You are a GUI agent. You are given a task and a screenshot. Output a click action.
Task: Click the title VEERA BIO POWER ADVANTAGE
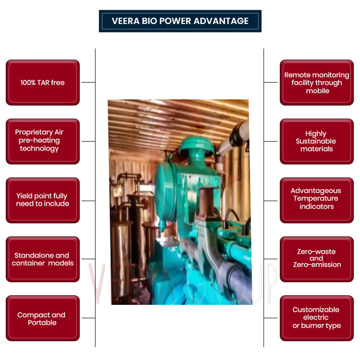tap(180, 21)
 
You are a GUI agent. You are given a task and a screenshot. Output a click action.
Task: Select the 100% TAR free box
tap(42, 83)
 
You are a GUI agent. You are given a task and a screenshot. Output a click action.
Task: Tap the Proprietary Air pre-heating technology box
tap(42, 141)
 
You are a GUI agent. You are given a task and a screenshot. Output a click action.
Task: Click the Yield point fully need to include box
tap(42, 200)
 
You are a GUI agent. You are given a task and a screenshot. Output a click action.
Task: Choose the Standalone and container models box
tap(42, 259)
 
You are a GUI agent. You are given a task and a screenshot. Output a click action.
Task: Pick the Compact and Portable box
tap(42, 318)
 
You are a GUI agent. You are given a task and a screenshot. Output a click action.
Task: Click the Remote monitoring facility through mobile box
tap(317, 83)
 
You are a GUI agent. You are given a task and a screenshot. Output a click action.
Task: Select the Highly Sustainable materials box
tap(317, 141)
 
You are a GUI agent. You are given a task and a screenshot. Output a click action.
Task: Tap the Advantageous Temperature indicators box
tap(317, 199)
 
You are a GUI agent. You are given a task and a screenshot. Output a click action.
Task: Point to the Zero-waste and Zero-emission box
tap(317, 258)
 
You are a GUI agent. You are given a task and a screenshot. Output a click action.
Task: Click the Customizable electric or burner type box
tap(317, 318)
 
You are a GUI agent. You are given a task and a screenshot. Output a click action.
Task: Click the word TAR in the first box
tap(45, 83)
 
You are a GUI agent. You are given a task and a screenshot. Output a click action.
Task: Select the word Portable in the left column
tap(42, 323)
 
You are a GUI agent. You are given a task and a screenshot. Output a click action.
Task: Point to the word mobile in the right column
tap(318, 91)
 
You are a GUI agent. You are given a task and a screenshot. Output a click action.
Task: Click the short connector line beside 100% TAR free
tap(88, 82)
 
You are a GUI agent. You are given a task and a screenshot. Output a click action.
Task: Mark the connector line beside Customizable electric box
tap(271, 318)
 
